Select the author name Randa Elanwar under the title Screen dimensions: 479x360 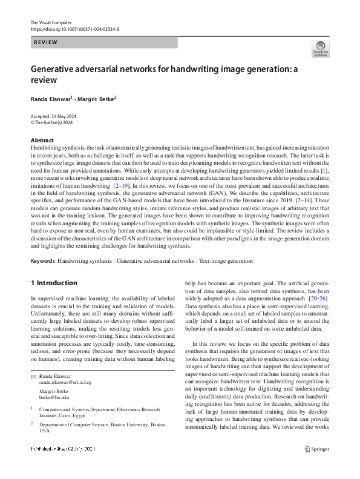tap(52, 97)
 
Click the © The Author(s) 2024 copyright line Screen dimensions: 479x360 tap(54, 122)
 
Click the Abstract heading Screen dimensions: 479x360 tap(42, 140)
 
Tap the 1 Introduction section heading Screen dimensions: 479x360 tap(54, 283)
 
